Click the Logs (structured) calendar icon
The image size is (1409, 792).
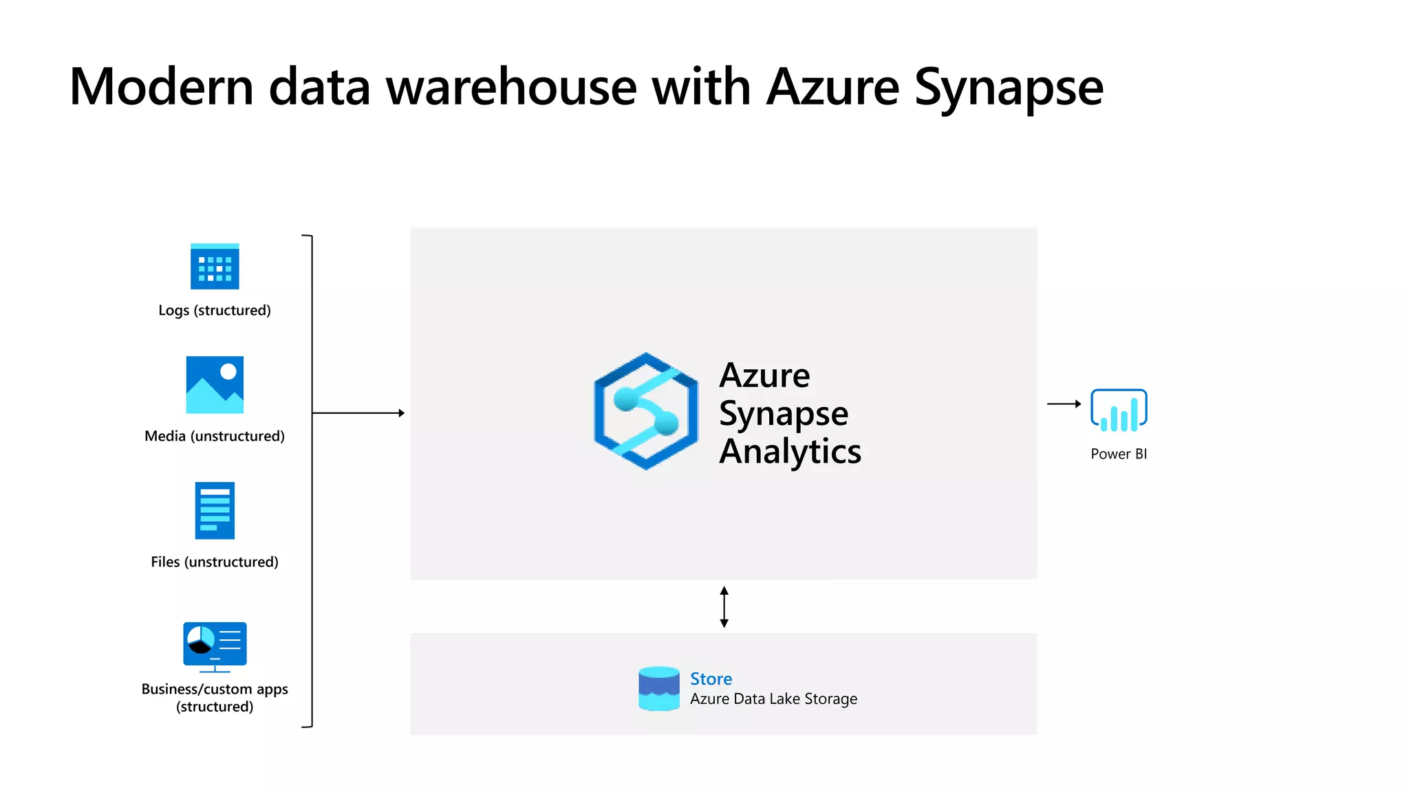pyautogui.click(x=215, y=267)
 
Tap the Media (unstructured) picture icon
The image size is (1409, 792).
pyautogui.click(x=215, y=385)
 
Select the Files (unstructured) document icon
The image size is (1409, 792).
pyautogui.click(x=215, y=510)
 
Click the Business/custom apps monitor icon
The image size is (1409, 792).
pyautogui.click(x=215, y=646)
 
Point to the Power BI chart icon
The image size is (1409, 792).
pyautogui.click(x=1119, y=410)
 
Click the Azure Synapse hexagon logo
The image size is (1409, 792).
pyautogui.click(x=646, y=411)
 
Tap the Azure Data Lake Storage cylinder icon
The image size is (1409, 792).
pyautogui.click(x=658, y=688)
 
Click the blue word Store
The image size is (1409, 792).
pyautogui.click(x=711, y=679)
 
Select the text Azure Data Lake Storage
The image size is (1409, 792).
pyautogui.click(x=773, y=699)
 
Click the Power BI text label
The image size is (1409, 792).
pyautogui.click(x=1119, y=454)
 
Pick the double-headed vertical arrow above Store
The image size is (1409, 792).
pyautogui.click(x=724, y=607)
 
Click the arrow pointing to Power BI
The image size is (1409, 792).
pyautogui.click(x=1064, y=404)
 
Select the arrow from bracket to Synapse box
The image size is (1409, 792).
pyautogui.click(x=358, y=413)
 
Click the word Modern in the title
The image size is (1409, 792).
pyautogui.click(x=162, y=87)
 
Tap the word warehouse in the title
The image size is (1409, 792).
pyautogui.click(x=511, y=87)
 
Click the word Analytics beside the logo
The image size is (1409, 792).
pyautogui.click(x=790, y=452)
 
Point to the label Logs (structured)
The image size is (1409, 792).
pyautogui.click(x=215, y=310)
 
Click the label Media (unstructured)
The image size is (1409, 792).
pyautogui.click(x=215, y=436)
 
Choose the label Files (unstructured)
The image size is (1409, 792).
pyautogui.click(x=215, y=562)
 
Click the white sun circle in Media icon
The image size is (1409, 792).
pyautogui.click(x=228, y=371)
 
